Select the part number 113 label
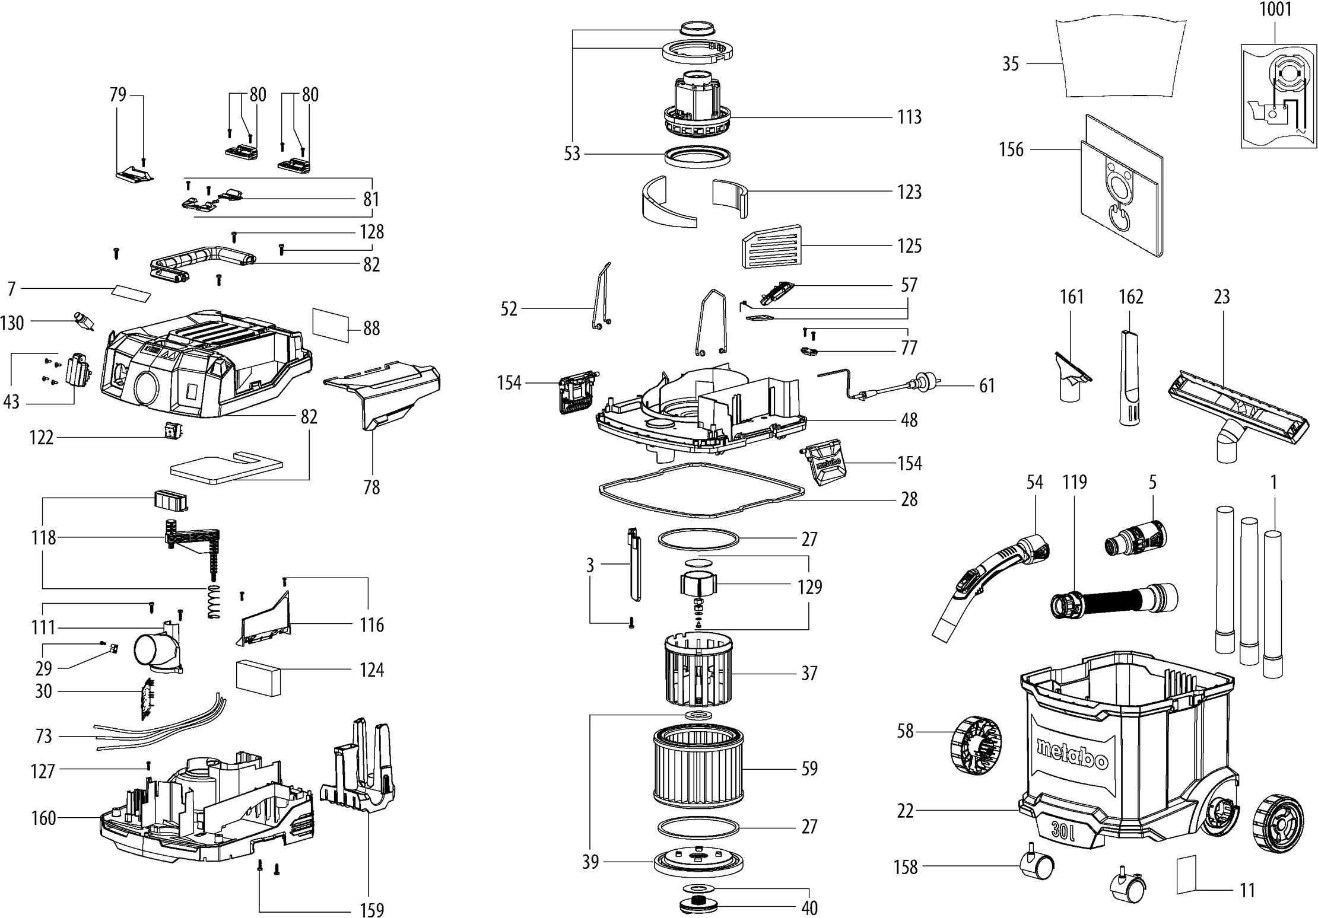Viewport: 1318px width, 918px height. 909,117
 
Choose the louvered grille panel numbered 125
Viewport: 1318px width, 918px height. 771,247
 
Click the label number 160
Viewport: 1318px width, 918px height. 43,818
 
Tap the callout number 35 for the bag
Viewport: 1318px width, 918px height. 1010,63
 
